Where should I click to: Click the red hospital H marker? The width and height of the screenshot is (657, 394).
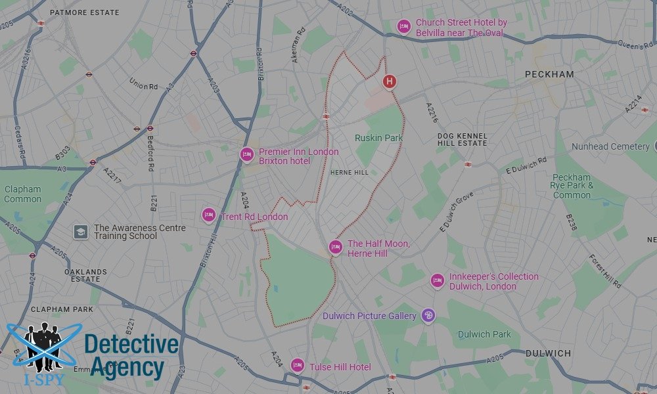(x=390, y=82)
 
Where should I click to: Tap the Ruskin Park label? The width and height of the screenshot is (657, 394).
(x=378, y=138)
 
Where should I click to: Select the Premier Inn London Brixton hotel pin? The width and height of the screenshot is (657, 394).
(x=246, y=155)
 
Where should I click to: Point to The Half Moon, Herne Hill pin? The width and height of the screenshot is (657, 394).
(x=335, y=248)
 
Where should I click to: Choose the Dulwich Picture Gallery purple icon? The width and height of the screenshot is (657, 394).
(x=428, y=316)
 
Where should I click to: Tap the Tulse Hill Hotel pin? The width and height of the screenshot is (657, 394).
(x=298, y=366)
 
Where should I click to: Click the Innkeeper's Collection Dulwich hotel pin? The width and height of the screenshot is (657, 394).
(x=437, y=281)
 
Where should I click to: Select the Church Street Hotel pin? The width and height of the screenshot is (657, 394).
(x=404, y=26)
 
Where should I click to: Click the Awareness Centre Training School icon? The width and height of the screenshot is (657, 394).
(x=80, y=232)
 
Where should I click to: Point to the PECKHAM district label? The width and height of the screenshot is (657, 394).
(x=549, y=75)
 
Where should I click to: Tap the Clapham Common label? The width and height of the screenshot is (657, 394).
(x=22, y=194)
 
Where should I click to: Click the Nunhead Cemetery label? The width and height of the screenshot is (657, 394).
(x=610, y=146)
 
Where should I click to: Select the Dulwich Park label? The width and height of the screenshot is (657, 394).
(x=484, y=334)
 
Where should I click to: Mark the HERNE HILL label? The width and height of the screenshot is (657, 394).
(x=350, y=173)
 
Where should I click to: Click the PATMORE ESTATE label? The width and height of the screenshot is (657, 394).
(x=85, y=12)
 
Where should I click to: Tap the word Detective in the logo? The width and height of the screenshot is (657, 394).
(x=131, y=345)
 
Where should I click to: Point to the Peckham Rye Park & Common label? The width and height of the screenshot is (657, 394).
(x=572, y=186)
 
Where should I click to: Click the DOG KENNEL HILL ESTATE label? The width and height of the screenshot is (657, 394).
(x=463, y=139)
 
